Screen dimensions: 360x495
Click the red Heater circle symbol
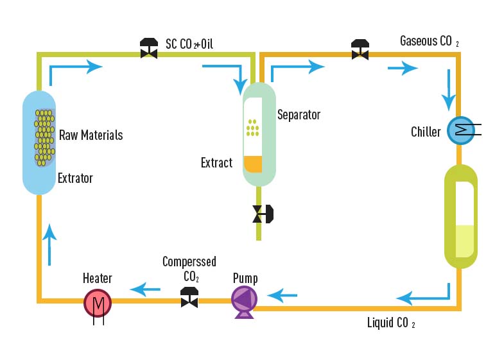click(98, 302)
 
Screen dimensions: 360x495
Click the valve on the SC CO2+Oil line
click(150, 49)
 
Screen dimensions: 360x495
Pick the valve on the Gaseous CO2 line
click(360, 49)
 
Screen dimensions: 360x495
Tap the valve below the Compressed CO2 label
click(189, 298)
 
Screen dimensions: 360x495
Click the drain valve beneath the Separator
click(262, 214)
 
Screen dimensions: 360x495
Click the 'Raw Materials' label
click(91, 135)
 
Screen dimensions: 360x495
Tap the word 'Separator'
click(299, 115)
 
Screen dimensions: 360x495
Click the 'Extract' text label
click(216, 162)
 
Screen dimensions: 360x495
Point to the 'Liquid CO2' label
click(390, 322)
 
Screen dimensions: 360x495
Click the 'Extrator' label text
click(75, 178)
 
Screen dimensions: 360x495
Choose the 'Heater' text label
click(98, 278)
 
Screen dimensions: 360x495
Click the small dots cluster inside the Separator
click(253, 128)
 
